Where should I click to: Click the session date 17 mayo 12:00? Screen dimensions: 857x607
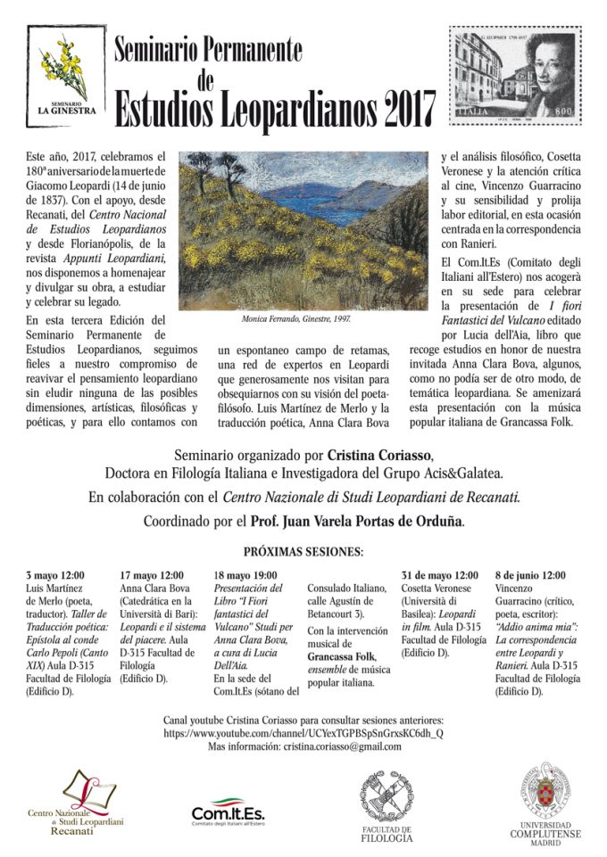coord(152,575)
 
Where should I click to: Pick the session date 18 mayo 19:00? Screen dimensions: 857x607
coord(246,575)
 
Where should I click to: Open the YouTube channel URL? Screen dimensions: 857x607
coord(303,732)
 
